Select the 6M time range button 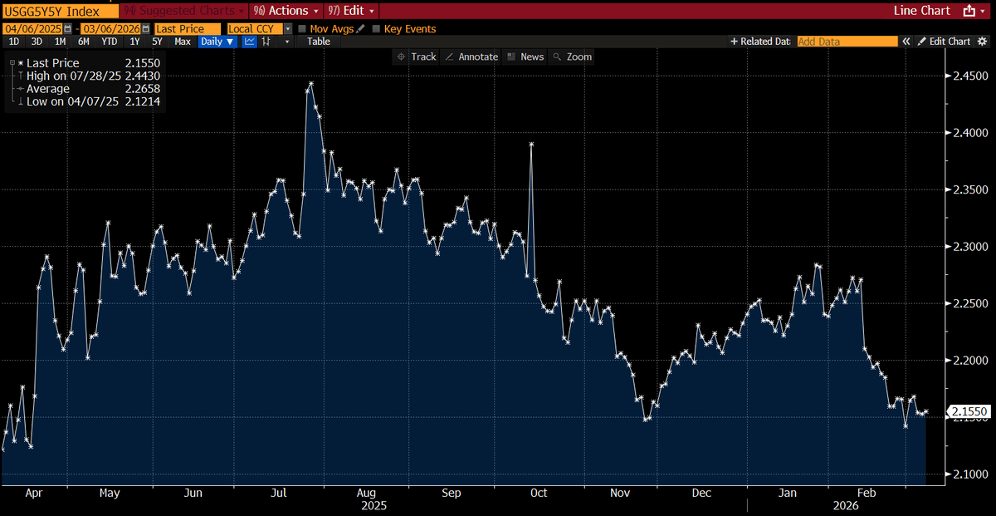[x=84, y=42]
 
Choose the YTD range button [x=109, y=42]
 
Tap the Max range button [x=183, y=42]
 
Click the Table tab [x=319, y=42]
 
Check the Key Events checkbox [x=377, y=29]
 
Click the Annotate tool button [x=471, y=57]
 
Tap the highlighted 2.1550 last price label [x=968, y=412]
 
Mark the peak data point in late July [x=310, y=84]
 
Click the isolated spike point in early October [x=531, y=145]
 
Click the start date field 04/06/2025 [x=33, y=29]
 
